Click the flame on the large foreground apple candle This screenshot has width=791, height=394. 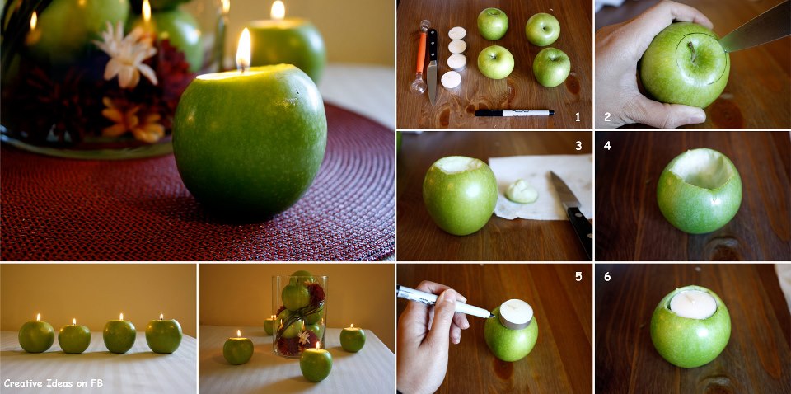[243, 49]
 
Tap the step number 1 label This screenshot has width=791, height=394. [578, 118]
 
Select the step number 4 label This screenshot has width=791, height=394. [607, 145]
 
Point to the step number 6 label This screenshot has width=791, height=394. [607, 277]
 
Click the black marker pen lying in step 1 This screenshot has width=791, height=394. [514, 112]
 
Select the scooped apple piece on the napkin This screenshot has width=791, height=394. [522, 192]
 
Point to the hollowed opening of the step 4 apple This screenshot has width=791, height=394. [701, 169]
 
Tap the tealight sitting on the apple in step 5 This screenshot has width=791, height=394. [515, 314]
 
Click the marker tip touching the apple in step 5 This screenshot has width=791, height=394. [491, 317]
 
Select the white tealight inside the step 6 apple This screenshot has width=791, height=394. [693, 304]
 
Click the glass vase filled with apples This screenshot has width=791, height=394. [299, 317]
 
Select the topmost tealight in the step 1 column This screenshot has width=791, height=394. [457, 33]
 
